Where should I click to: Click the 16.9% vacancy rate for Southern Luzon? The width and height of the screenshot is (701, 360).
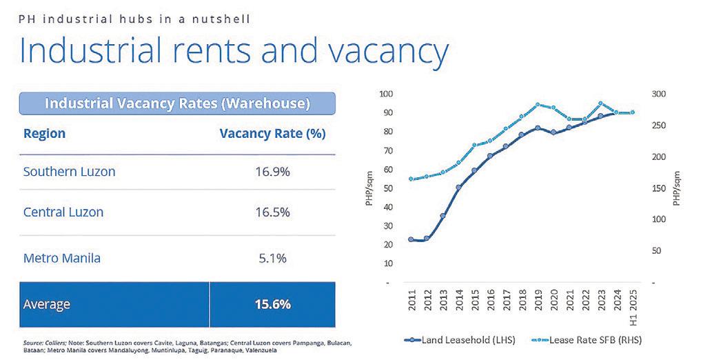[272, 171]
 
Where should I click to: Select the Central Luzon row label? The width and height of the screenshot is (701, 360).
[63, 212]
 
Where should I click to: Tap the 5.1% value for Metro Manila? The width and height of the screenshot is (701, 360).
[272, 259]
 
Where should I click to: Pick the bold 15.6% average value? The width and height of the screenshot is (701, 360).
[272, 303]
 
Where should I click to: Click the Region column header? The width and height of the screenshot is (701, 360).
[44, 132]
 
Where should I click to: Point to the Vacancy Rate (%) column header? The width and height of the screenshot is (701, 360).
[272, 132]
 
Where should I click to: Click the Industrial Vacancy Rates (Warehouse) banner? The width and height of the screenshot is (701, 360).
[177, 103]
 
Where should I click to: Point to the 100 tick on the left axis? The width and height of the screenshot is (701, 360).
[385, 94]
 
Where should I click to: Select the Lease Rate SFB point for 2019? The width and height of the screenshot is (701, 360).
[538, 105]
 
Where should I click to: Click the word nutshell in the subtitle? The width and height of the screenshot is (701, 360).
[223, 18]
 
